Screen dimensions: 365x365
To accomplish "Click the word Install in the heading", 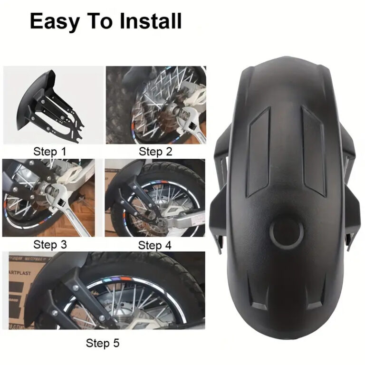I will pyautogui.click(x=151, y=21).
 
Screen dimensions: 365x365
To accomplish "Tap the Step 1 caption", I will pyautogui.click(x=51, y=152).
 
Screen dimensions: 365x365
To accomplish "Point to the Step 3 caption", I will pyautogui.click(x=51, y=245).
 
